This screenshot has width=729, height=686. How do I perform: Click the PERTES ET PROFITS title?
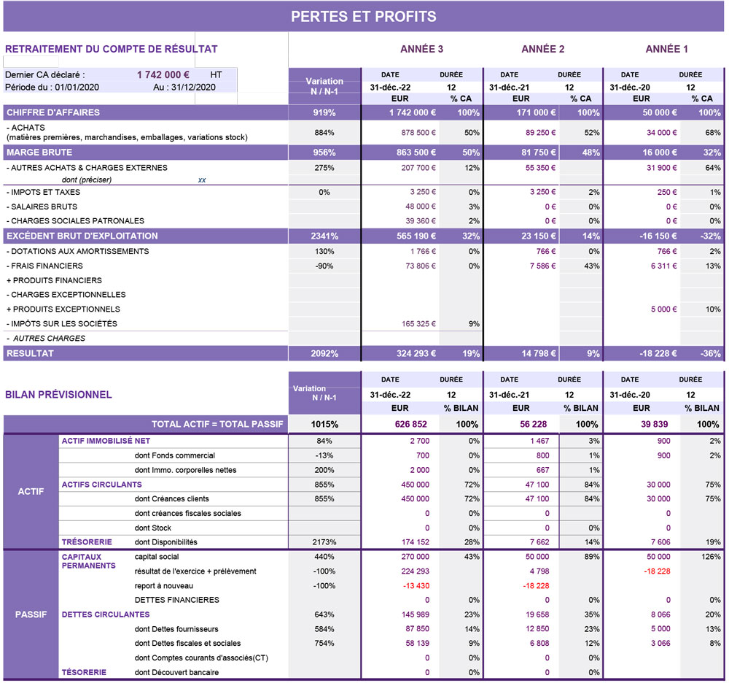pos(364,17)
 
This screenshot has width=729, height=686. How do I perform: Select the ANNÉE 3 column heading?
pos(421,49)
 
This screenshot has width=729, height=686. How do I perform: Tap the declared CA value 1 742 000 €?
pos(163,74)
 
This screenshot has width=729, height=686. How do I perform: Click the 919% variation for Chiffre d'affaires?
pos(324,112)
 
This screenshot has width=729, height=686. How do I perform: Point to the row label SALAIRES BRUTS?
pos(42,207)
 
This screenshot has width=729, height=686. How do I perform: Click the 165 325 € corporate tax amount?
pos(419,324)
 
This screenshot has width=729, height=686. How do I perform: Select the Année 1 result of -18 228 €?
pos(658,354)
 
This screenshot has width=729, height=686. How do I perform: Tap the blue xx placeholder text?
pos(202,180)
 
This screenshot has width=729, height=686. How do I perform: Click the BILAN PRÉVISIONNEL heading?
pos(58,395)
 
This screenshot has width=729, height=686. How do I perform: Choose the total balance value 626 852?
pos(410,425)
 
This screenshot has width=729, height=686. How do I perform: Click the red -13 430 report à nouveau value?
pos(416,586)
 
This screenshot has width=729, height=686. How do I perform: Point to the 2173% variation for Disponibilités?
pos(324,542)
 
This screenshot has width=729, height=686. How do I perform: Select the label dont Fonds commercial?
pos(175,455)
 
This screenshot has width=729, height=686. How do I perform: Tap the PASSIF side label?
pos(31,614)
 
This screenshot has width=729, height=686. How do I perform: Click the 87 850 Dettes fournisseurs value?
pos(417,629)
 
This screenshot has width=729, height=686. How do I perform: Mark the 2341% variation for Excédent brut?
pos(324,236)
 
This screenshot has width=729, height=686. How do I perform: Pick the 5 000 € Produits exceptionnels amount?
pos(664,309)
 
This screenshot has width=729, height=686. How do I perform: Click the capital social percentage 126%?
pos(711,557)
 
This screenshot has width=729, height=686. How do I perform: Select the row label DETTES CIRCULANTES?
pos(106,614)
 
